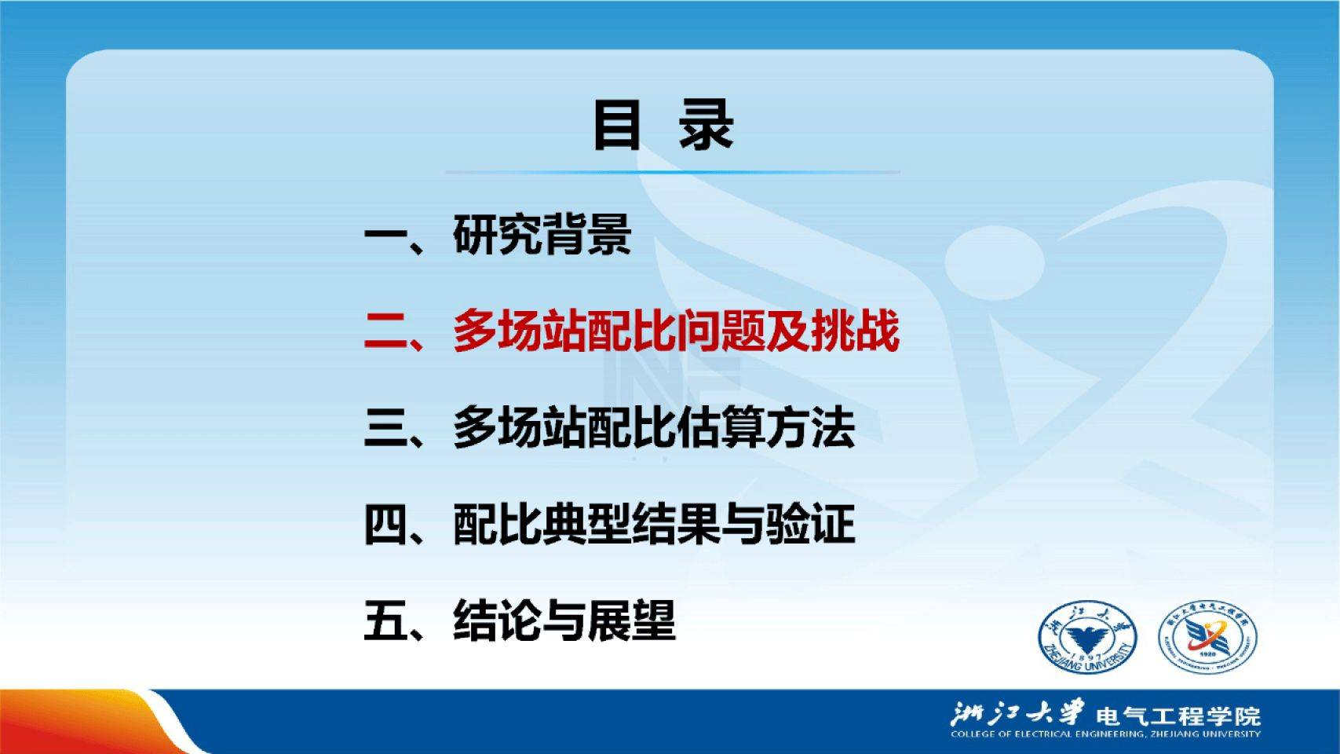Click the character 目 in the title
(x=617, y=125)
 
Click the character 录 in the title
(x=706, y=125)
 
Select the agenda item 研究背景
(x=542, y=234)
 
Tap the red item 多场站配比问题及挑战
(x=676, y=331)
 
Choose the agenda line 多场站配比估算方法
(x=654, y=427)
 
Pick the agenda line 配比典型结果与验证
(x=654, y=524)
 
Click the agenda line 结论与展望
(x=564, y=620)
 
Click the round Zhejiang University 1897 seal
(x=1087, y=638)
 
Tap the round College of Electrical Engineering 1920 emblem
(x=1208, y=638)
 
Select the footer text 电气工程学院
(x=1178, y=716)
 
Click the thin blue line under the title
(x=673, y=172)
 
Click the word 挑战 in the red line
(x=855, y=331)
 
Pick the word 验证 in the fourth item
(x=811, y=524)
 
